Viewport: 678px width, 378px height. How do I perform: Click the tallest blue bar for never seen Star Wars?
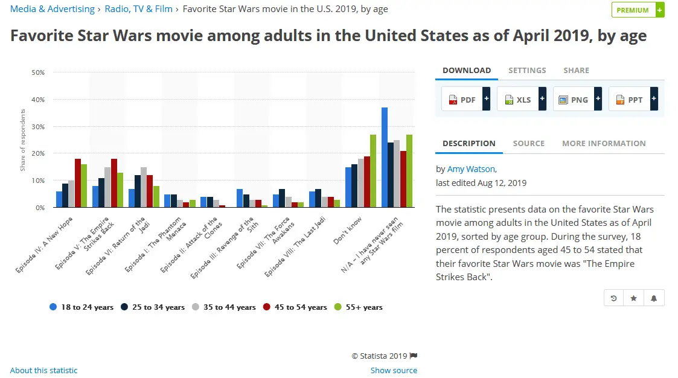coord(385,158)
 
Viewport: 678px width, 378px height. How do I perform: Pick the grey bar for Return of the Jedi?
coord(144,187)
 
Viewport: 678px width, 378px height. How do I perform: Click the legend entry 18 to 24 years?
coord(82,307)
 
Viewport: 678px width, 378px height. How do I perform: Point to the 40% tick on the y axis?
coord(38,100)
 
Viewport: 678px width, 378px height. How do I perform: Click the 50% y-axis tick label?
coord(38,72)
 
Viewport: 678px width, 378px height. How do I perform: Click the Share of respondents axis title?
coord(23,140)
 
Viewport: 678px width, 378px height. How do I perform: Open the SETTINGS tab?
coord(527,71)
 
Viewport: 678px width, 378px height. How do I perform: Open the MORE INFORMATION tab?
coord(604,144)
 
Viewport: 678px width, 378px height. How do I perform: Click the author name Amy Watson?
coord(471,169)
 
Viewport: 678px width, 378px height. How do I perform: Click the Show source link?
coord(394,370)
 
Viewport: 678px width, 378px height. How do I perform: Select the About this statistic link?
coord(44,370)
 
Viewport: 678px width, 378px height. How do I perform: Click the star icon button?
coord(633,298)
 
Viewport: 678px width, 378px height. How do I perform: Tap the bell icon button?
coord(654,298)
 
